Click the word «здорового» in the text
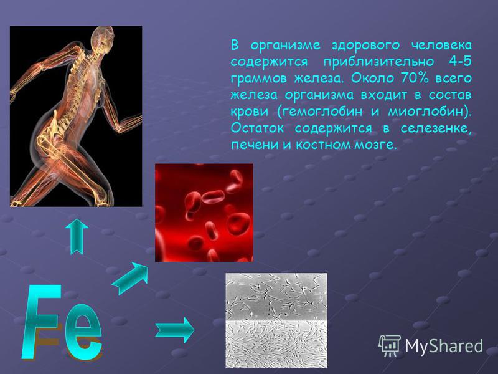point(366,45)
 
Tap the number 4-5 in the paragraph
point(460,61)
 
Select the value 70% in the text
point(415,78)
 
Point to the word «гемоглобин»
point(320,112)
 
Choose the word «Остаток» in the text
point(257,128)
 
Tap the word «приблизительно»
point(378,62)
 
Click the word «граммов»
point(258,79)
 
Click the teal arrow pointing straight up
point(77,236)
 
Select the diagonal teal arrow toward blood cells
point(130,278)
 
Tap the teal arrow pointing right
point(174,330)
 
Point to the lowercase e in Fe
point(83,332)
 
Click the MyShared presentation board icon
point(389,346)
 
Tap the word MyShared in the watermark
point(444,346)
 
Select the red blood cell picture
point(204,213)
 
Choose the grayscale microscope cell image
point(276,320)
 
